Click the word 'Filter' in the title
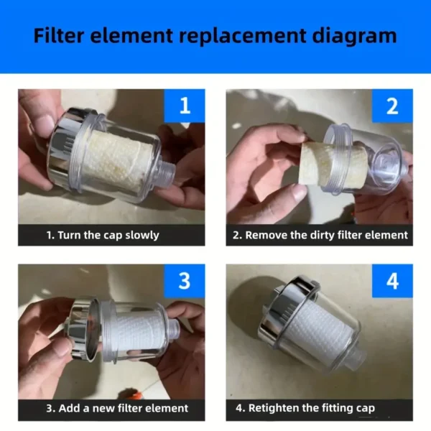point(58,36)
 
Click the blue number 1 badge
point(185,106)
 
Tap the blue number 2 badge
point(392,106)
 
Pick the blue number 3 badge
point(185,281)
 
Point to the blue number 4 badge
point(392,281)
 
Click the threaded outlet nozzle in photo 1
point(167,174)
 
